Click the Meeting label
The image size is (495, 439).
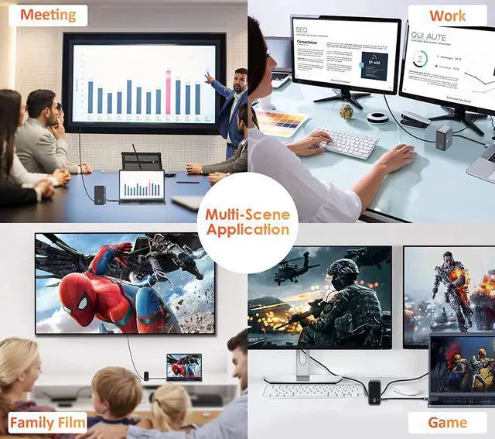pyautogui.click(x=48, y=15)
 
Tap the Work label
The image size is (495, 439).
pyautogui.click(x=448, y=15)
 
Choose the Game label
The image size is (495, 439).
pyautogui.click(x=448, y=422)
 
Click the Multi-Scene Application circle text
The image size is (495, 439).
pyautogui.click(x=247, y=221)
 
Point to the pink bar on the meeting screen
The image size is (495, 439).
pyautogui.click(x=168, y=92)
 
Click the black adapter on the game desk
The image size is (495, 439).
pyautogui.click(x=375, y=391)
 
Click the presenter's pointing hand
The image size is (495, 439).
pyautogui.click(x=208, y=77)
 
